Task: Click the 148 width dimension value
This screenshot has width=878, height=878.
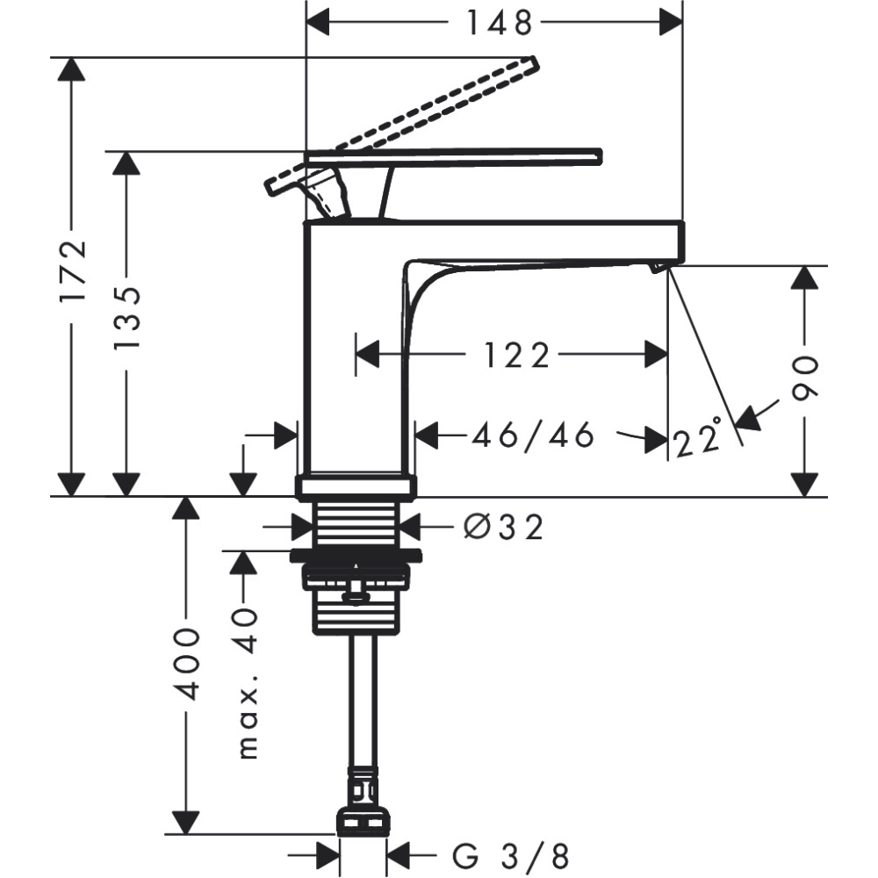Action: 500,23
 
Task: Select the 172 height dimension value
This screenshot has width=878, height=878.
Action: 74,270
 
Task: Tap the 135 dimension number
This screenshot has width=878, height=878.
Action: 126,318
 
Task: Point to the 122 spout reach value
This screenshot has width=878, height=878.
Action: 516,356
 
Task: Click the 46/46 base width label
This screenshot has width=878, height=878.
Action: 532,435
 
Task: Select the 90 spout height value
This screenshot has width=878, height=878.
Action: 805,378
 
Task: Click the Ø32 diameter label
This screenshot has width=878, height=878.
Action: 503,527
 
